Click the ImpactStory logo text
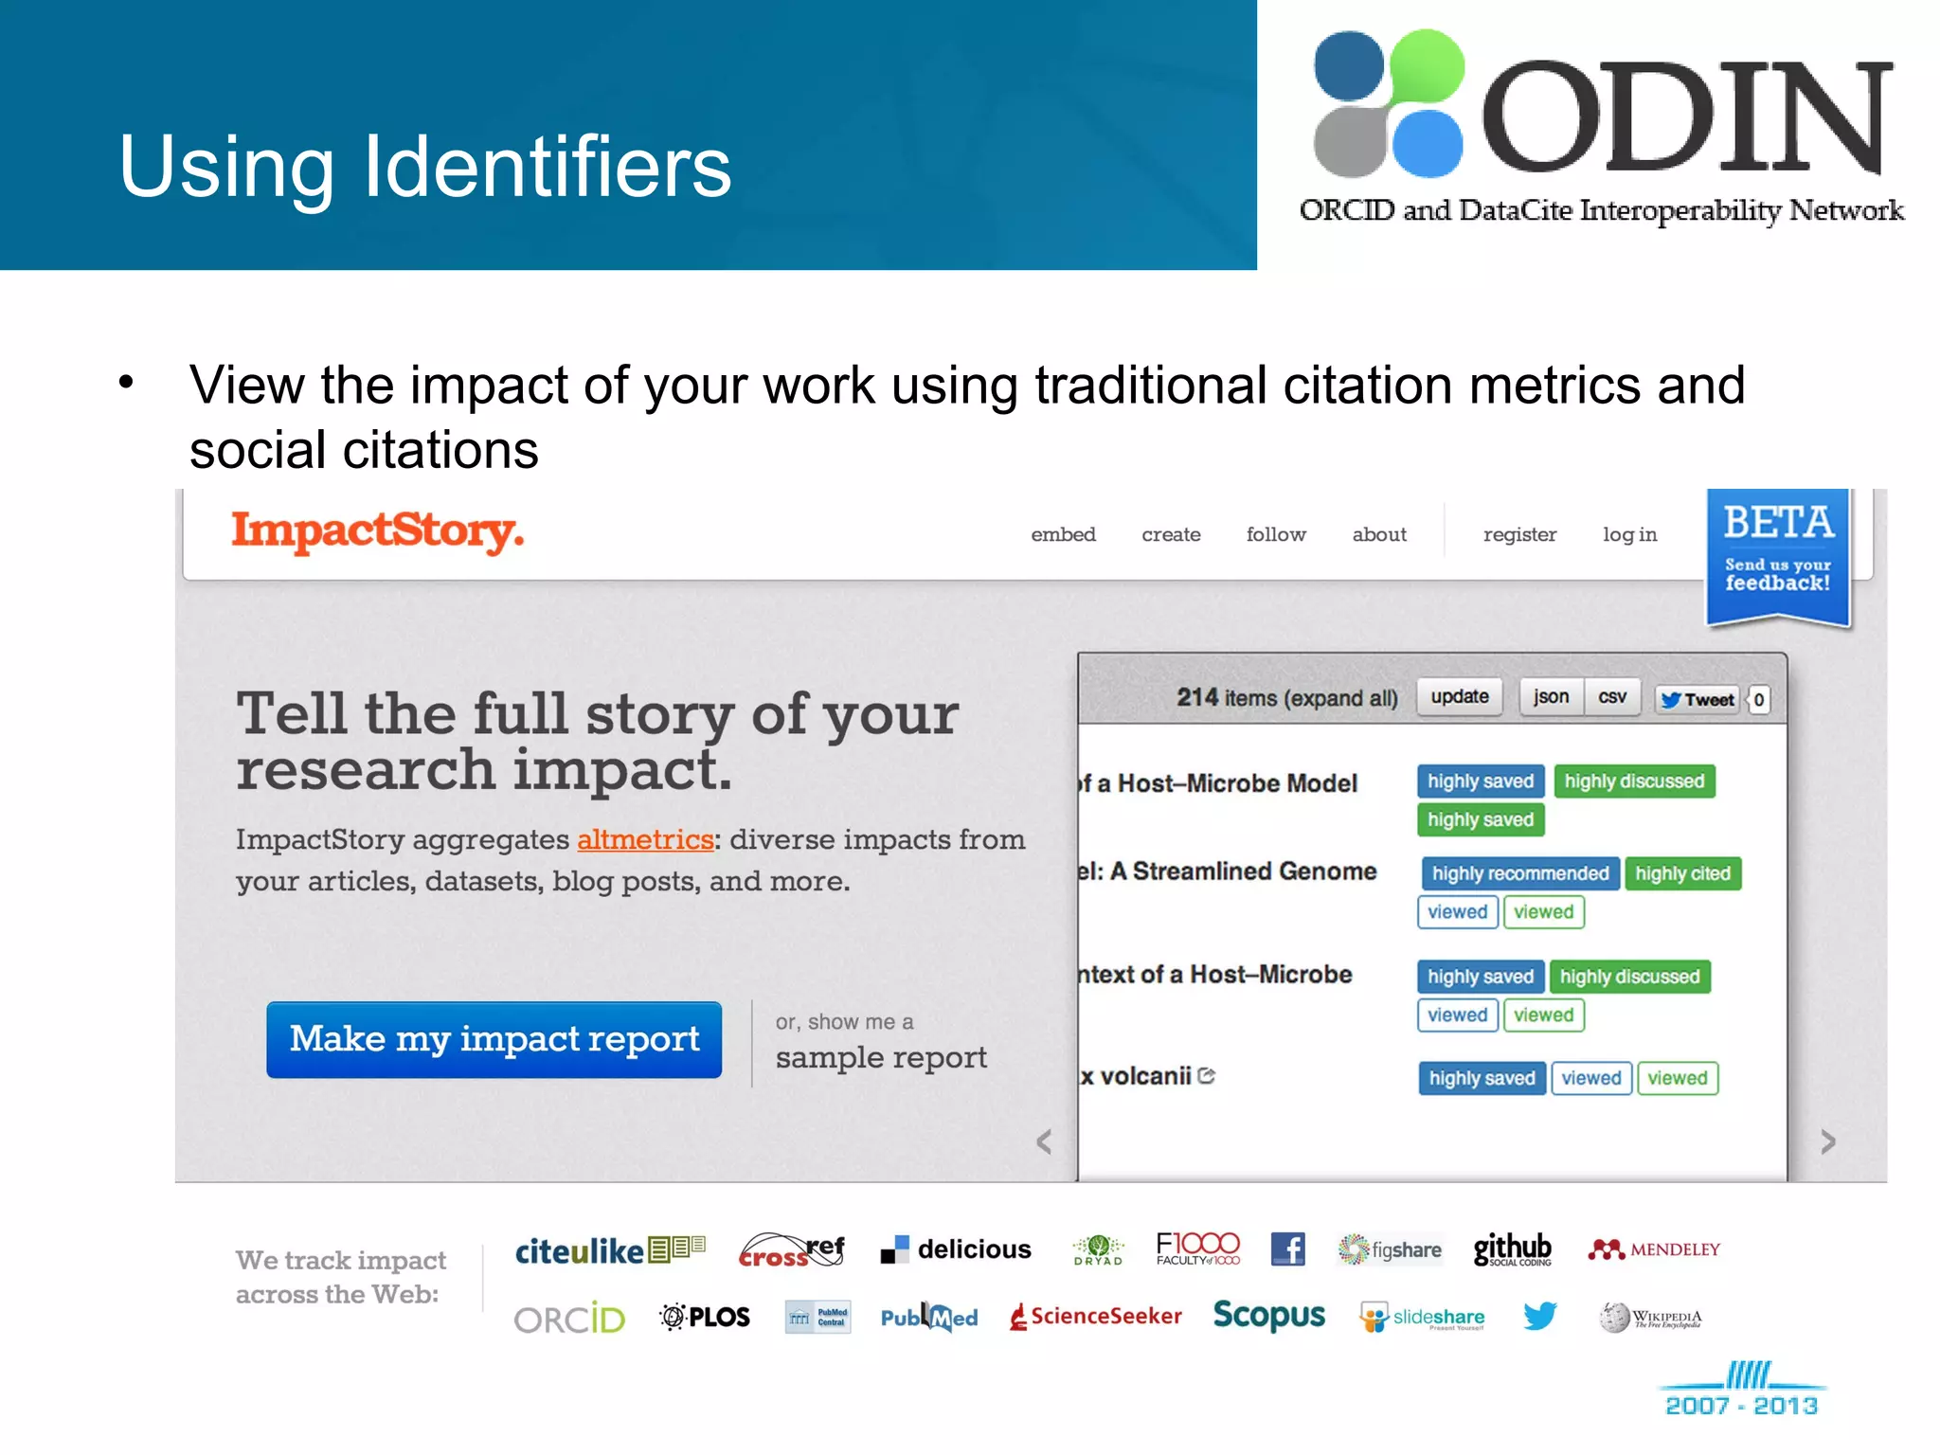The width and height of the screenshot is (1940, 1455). tap(377, 530)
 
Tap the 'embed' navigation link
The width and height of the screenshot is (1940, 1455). tap(1063, 534)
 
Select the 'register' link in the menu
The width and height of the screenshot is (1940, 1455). tap(1519, 534)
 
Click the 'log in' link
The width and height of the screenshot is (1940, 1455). tap(1629, 534)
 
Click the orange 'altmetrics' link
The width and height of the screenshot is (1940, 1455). tap(645, 839)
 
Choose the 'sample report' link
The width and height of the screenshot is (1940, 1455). tap(881, 1057)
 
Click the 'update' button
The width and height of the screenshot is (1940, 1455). tap(1459, 697)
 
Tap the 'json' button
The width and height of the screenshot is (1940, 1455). tap(1551, 697)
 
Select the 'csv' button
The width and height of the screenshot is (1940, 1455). tap(1612, 697)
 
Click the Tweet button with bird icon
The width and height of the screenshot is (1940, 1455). tap(1697, 699)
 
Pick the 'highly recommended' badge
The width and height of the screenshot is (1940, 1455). tap(1519, 873)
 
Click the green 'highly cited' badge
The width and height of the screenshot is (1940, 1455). tap(1682, 873)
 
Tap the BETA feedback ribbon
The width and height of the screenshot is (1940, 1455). tap(1777, 555)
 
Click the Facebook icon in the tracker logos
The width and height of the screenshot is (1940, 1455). tap(1287, 1248)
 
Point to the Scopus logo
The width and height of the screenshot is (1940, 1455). tap(1269, 1315)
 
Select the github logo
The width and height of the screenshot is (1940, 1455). tap(1512, 1248)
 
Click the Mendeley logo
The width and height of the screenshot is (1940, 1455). tap(1654, 1249)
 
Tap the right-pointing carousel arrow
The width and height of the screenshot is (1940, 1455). tap(1828, 1142)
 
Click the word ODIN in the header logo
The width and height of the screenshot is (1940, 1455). tap(1686, 117)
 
